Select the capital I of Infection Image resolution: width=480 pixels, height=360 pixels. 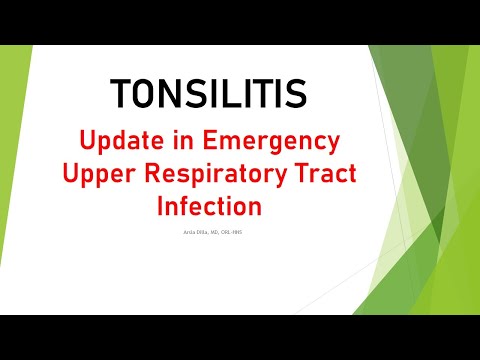(161, 206)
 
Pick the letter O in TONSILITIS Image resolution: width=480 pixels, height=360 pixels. (148, 94)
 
